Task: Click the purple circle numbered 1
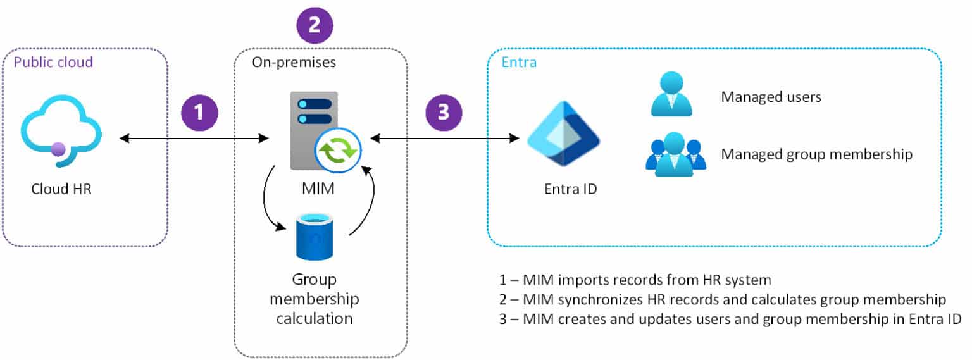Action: pos(199,113)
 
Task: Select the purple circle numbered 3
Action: pos(444,113)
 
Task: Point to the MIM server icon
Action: pos(315,130)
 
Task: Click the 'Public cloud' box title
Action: pos(53,62)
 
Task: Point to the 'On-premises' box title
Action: pos(294,62)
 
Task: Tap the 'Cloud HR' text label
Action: pos(61,189)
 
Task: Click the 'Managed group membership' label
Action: pos(816,154)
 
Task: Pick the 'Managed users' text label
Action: pos(771,97)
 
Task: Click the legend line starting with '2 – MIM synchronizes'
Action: pos(721,299)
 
